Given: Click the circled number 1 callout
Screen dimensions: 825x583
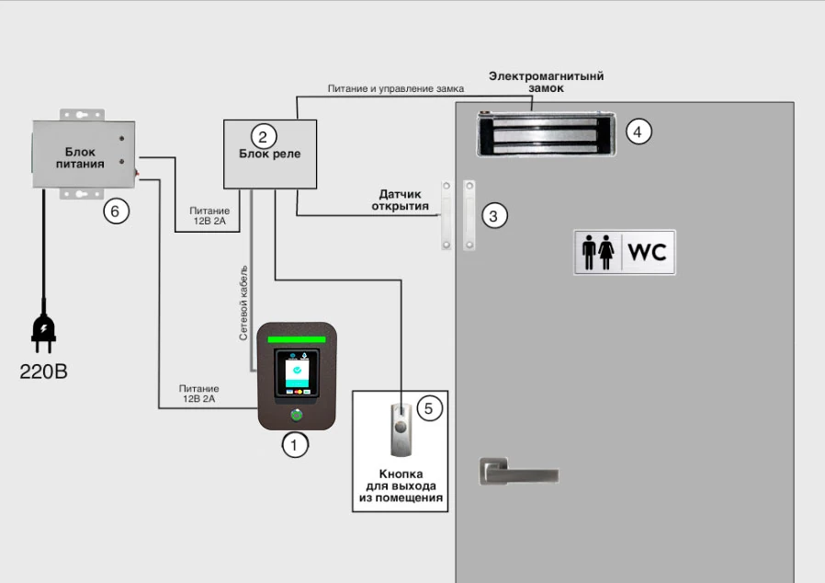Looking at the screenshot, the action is [295, 445].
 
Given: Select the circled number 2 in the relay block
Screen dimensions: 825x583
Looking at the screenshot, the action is [264, 137].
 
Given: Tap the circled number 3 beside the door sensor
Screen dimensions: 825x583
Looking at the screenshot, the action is [494, 216].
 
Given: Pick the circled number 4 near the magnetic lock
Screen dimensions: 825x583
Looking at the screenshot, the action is [639, 131].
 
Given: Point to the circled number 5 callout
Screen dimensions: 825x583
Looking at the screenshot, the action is [429, 408].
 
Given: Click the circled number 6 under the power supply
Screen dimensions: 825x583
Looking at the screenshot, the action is [116, 211].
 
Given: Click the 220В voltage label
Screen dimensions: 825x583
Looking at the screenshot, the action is [44, 372].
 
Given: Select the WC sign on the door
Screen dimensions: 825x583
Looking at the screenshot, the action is [625, 252].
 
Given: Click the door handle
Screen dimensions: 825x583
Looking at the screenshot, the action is [518, 472].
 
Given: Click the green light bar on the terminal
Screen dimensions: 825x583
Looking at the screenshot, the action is [297, 339].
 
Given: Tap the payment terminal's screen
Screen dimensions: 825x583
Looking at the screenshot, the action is [297, 373].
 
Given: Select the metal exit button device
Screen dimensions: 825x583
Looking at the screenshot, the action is [401, 429].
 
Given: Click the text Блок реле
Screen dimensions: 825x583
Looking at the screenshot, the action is [270, 154].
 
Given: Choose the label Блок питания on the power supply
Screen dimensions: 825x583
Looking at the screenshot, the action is [80, 158].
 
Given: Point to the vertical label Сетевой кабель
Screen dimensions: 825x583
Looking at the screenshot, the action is [243, 303].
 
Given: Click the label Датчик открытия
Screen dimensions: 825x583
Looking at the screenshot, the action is [401, 200].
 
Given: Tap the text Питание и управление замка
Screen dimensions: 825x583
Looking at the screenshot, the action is [396, 88].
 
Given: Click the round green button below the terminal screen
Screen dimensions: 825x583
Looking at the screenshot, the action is [297, 415].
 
